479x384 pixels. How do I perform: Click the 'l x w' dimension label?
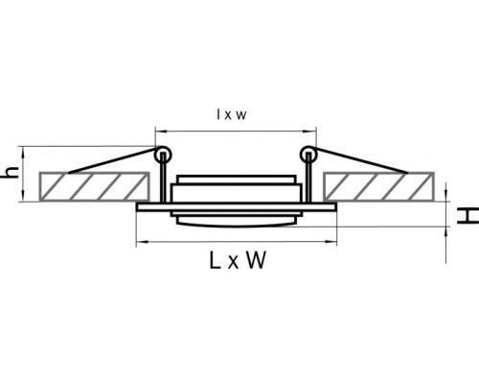(232, 114)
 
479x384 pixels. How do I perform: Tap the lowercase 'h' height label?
(11, 173)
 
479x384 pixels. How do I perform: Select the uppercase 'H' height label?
(468, 216)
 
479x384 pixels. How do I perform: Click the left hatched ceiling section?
(94, 187)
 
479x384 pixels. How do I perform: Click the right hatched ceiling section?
(378, 187)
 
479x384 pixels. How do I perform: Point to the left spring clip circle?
(163, 155)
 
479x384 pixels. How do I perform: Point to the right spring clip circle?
(308, 155)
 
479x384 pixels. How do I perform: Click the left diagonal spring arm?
(112, 160)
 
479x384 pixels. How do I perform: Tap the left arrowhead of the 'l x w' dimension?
(159, 131)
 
